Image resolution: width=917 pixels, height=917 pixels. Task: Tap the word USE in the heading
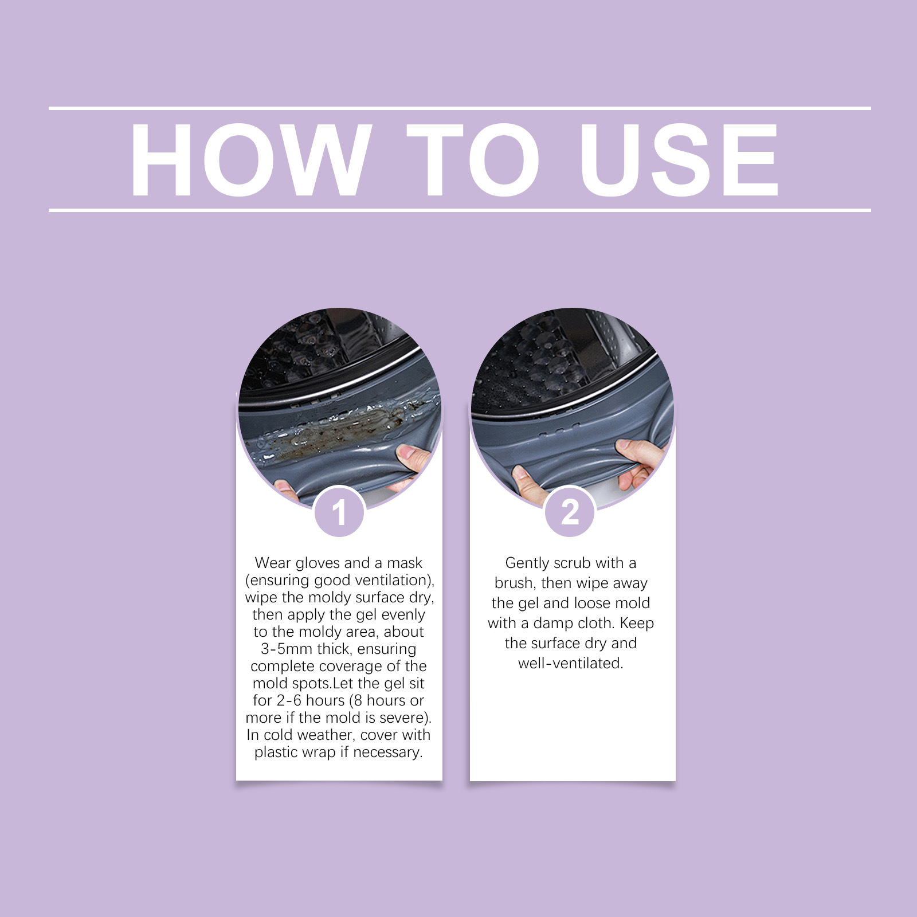point(680,160)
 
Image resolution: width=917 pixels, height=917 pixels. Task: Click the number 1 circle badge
point(339,512)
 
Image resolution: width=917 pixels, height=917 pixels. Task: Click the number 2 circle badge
point(570,512)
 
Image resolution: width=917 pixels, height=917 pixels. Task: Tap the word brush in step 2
point(514,583)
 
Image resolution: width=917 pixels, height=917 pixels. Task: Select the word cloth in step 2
point(594,623)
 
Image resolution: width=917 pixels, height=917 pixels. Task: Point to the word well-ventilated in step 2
point(570,663)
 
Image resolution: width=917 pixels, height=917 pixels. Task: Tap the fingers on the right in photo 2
point(639,464)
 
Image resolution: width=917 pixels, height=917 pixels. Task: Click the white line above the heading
point(460,108)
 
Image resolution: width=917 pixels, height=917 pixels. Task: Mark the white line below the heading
point(460,210)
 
